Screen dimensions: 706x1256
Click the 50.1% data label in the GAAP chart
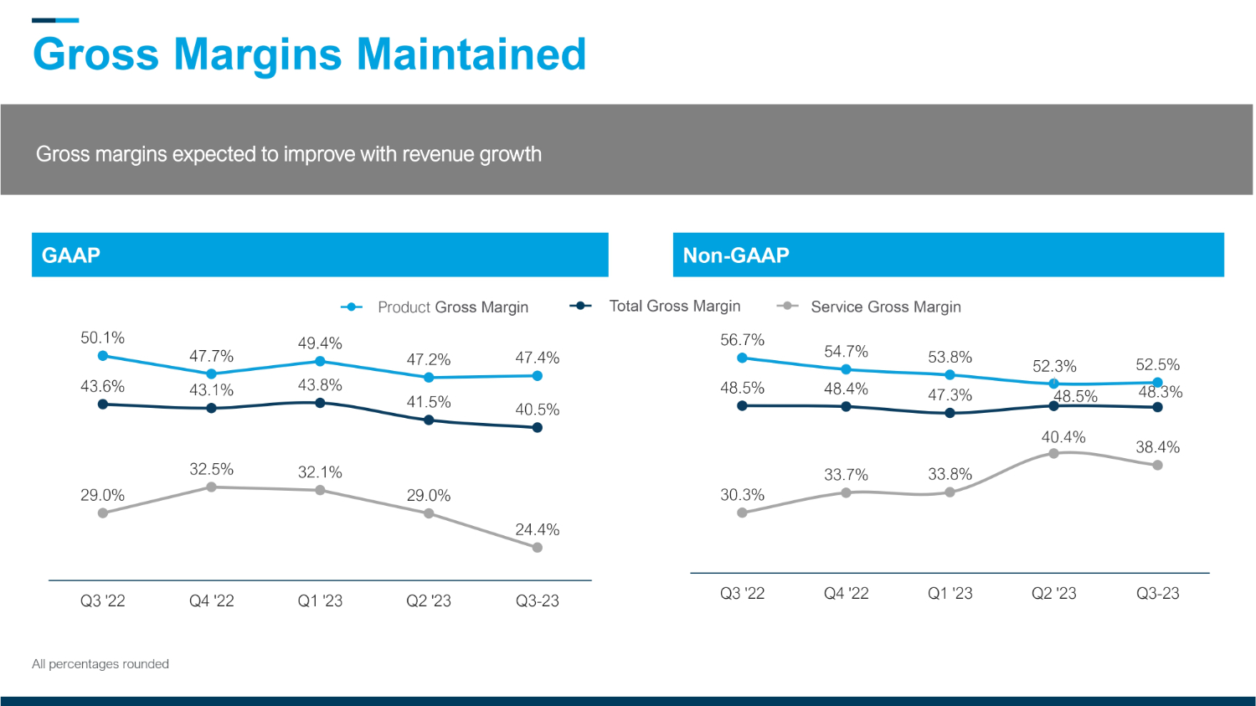[x=102, y=338]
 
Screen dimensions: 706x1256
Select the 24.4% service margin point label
[x=537, y=530]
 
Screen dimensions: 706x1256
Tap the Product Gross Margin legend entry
[x=452, y=307]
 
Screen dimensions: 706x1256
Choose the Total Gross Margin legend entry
[x=674, y=307]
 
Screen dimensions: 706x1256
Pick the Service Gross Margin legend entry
[x=885, y=307]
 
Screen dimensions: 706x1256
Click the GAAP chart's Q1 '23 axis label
[x=320, y=601]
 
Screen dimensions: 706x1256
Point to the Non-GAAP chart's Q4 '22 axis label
[x=846, y=594]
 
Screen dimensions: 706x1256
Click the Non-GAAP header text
[x=736, y=255]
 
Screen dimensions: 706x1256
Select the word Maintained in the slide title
[x=471, y=54]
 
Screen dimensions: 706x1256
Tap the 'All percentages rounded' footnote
[x=100, y=664]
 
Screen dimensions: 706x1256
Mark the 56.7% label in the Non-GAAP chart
[x=742, y=340]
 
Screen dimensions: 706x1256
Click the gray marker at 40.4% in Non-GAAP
[x=1053, y=454]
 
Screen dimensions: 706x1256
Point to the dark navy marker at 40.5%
[x=538, y=428]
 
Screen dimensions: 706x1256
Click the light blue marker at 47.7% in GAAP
[x=211, y=374]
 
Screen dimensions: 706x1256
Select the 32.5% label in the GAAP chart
[x=211, y=470]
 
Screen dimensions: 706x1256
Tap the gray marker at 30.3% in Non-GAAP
[x=742, y=513]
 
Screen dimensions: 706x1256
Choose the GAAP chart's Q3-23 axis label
[x=537, y=601]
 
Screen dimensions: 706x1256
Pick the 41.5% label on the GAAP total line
[x=429, y=403]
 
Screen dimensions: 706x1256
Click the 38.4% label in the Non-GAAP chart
[x=1157, y=448]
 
